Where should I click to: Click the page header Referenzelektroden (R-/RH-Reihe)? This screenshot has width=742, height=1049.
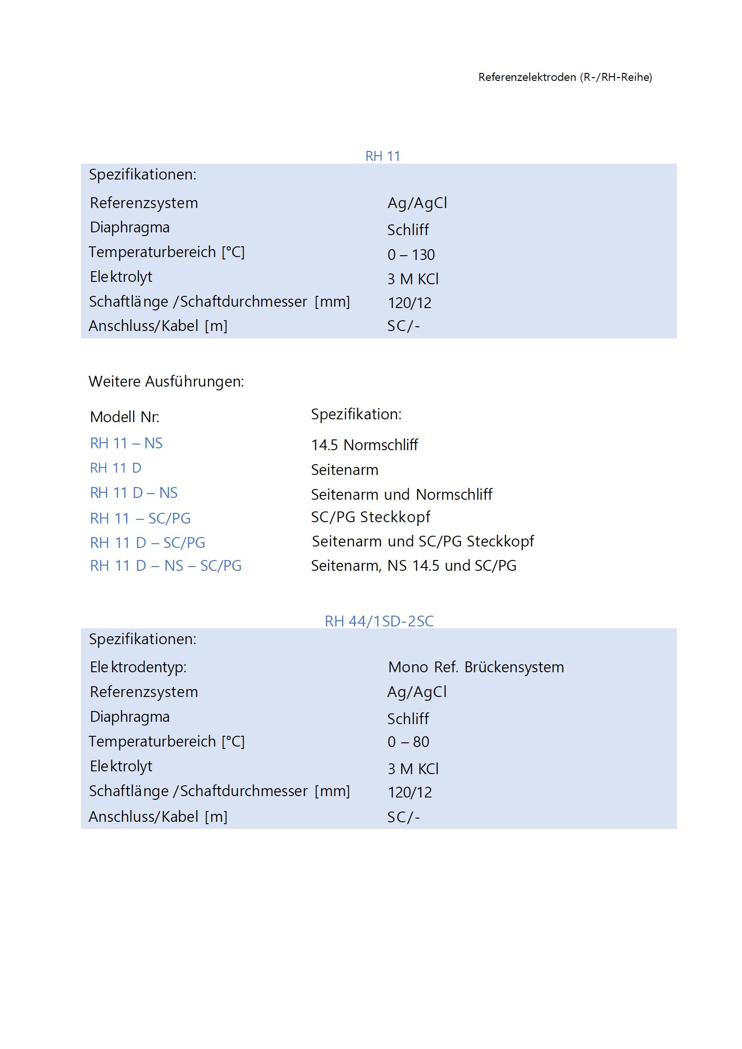[565, 77]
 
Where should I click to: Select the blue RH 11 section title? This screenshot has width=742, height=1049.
[382, 156]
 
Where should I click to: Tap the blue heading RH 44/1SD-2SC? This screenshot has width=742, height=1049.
[379, 621]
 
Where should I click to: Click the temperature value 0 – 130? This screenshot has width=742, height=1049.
[411, 255]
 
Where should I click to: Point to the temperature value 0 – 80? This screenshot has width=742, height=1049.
[408, 742]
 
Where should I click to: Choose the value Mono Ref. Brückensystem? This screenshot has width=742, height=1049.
[475, 667]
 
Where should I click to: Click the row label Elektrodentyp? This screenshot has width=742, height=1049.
[138, 667]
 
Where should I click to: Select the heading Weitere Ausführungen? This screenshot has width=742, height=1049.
[166, 381]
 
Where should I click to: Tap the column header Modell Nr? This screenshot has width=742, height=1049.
[124, 417]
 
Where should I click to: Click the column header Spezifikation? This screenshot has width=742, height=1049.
[356, 414]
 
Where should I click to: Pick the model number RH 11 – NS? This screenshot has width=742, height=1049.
[126, 443]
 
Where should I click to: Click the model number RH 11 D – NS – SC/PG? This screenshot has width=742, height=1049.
[166, 566]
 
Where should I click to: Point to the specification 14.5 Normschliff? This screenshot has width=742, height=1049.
[364, 445]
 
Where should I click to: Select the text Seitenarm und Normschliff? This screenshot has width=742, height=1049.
[401, 494]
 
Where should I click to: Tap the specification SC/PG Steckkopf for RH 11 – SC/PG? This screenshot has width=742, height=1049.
[370, 517]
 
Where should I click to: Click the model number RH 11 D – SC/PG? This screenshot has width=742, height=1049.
[147, 543]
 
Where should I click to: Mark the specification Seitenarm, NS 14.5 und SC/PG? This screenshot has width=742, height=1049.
[413, 566]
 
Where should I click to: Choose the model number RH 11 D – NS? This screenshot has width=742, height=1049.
[134, 493]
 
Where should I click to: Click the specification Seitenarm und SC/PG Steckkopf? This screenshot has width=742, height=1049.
[423, 541]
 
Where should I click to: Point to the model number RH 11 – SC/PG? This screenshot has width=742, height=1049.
[140, 518]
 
